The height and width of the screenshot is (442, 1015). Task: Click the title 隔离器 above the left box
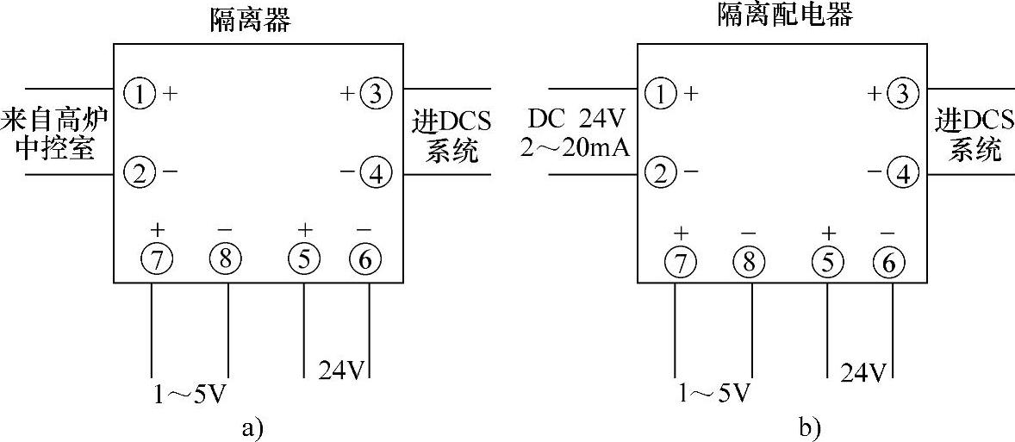coord(250,20)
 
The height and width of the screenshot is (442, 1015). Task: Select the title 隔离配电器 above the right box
coord(785,15)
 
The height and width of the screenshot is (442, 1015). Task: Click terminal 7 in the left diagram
coord(158,258)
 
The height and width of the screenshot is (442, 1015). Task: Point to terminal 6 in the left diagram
coord(364,258)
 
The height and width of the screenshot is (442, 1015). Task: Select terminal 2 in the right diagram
coord(661,174)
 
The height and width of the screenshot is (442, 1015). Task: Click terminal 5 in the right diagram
coord(829,261)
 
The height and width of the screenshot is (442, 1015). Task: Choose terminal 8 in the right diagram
coord(749,261)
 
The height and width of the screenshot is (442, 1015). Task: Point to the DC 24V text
coord(577,119)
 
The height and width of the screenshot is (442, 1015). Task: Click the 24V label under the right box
coord(862,372)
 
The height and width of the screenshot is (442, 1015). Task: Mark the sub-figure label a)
coord(248,426)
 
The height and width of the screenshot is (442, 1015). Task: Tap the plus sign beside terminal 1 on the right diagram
coord(690,92)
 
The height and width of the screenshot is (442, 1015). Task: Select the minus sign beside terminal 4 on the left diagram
coord(346,172)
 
